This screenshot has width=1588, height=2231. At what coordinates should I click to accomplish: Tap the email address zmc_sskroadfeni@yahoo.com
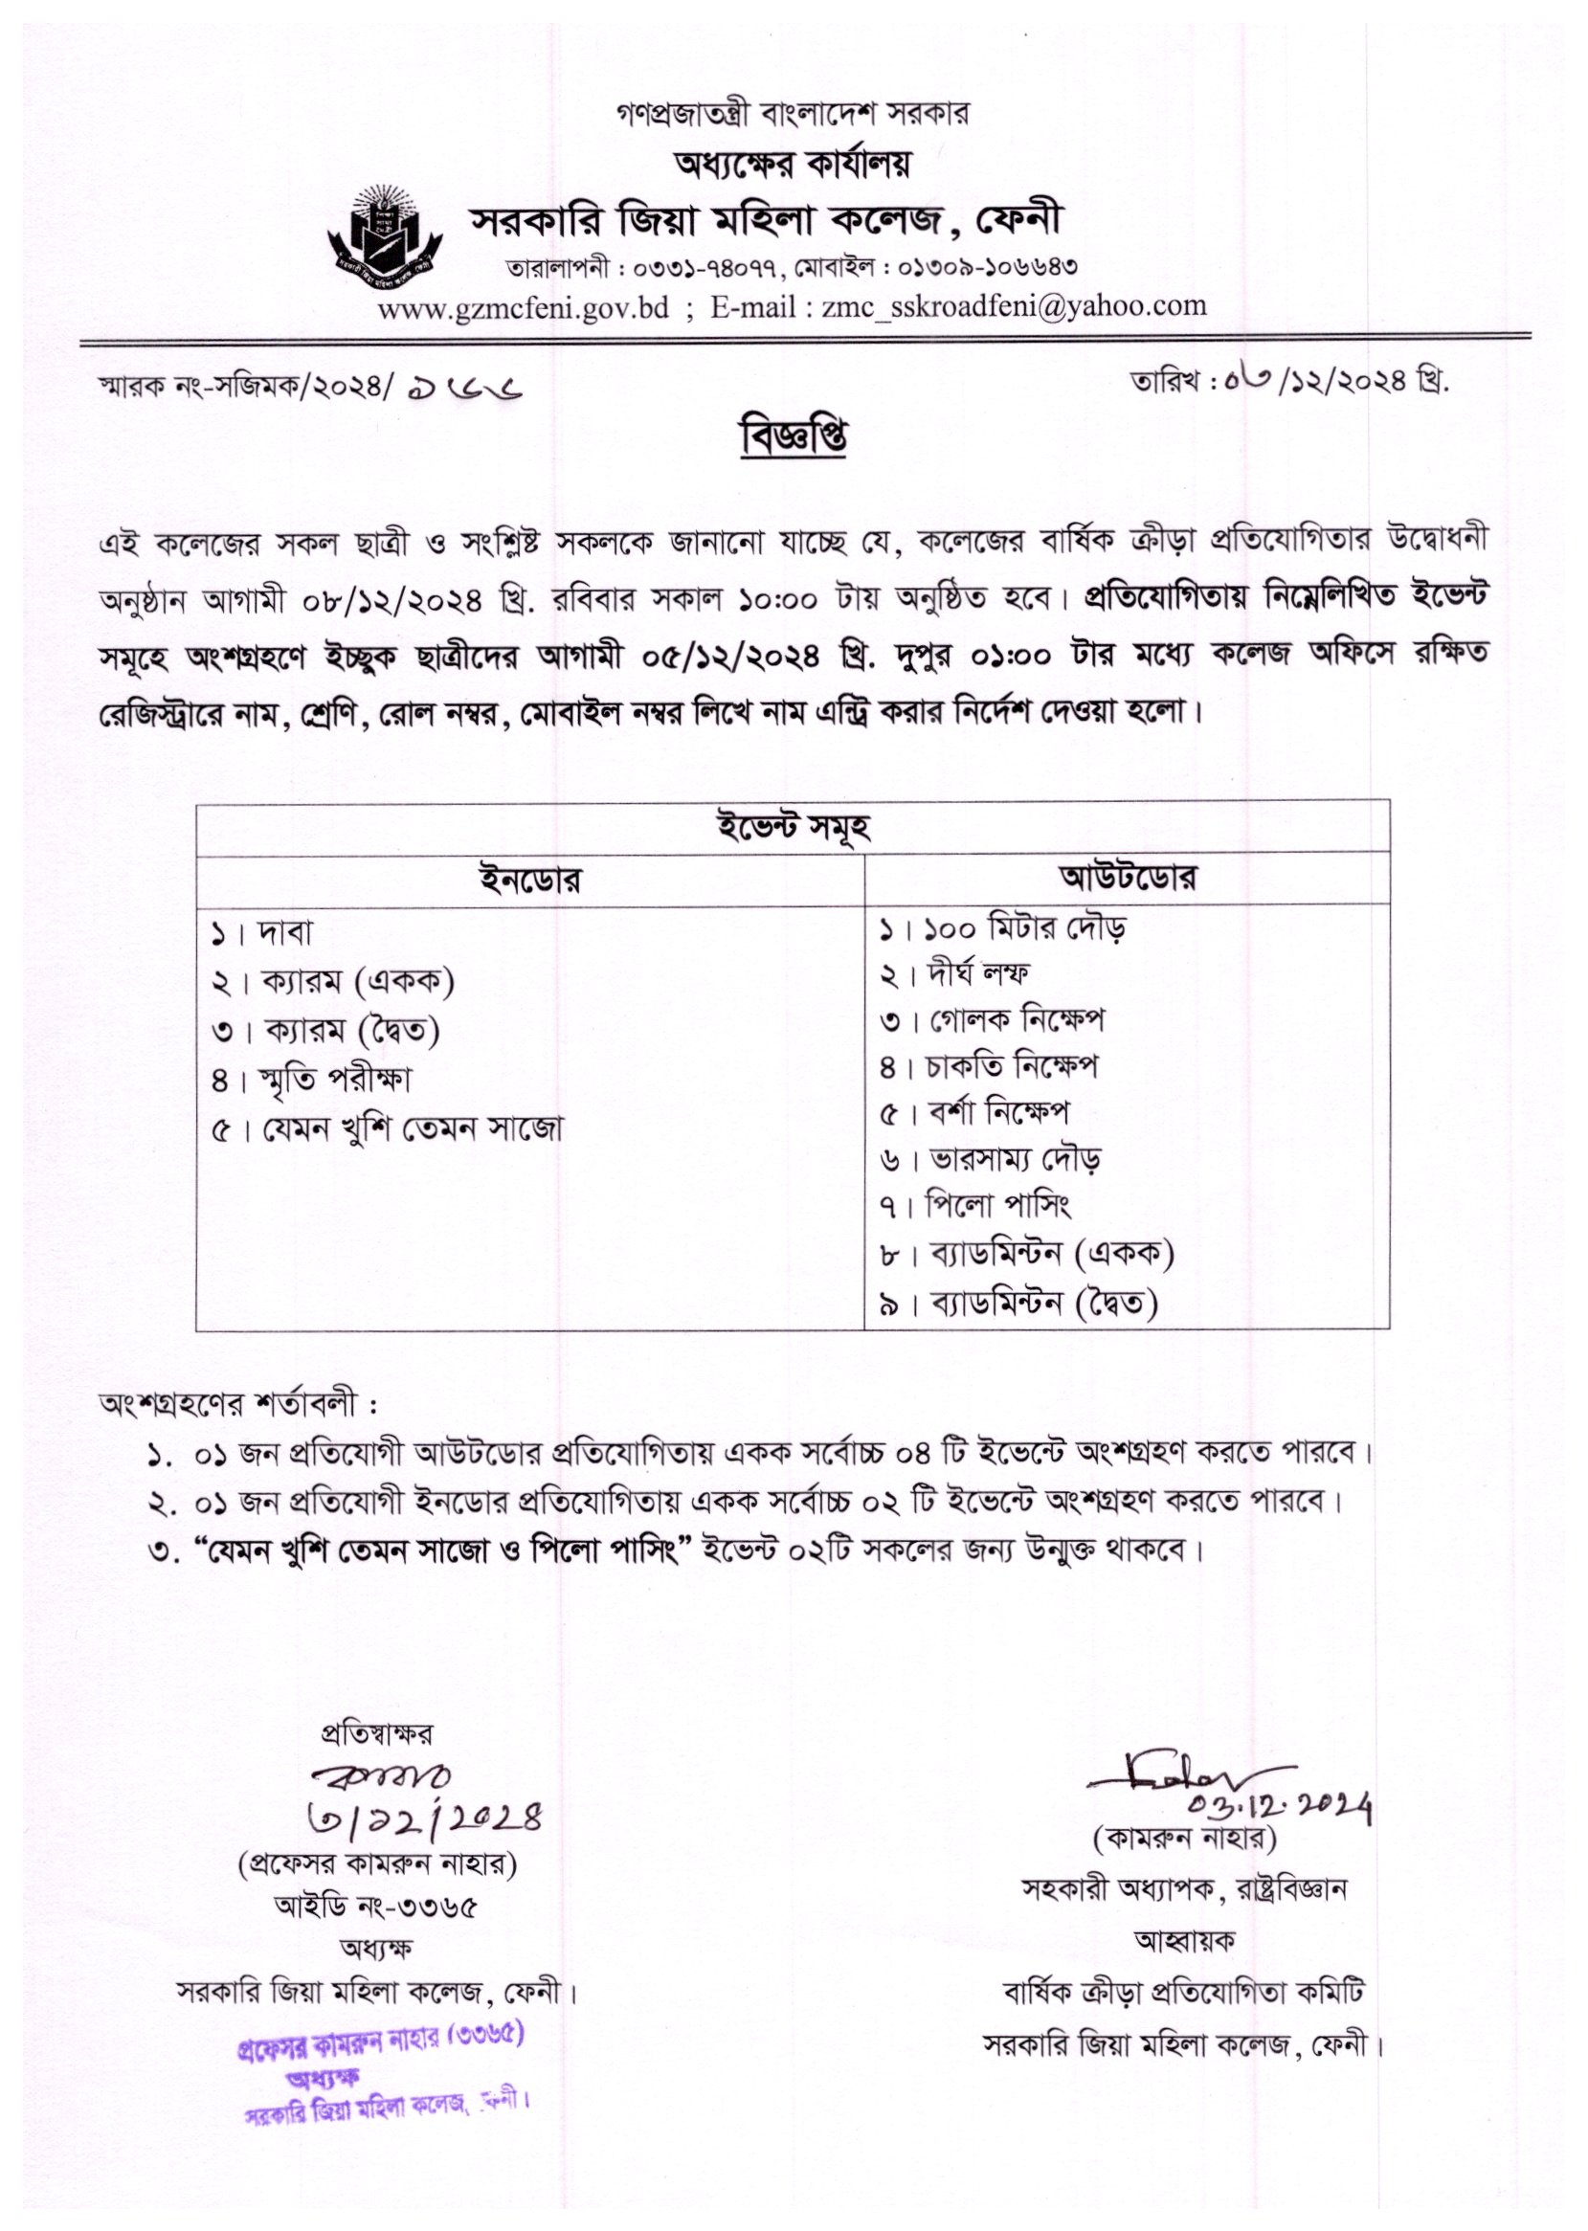(x=1014, y=306)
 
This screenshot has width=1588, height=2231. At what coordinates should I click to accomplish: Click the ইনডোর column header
(x=531, y=880)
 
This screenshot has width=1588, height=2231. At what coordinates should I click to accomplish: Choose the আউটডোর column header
(x=1128, y=878)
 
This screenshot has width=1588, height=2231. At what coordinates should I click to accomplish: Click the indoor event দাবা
(x=283, y=935)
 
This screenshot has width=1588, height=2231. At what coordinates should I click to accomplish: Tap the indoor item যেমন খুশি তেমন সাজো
(x=411, y=1129)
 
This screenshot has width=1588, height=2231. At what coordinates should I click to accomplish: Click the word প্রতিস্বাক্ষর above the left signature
(x=377, y=1734)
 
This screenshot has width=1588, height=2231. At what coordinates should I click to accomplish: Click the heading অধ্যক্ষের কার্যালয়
(x=793, y=167)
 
